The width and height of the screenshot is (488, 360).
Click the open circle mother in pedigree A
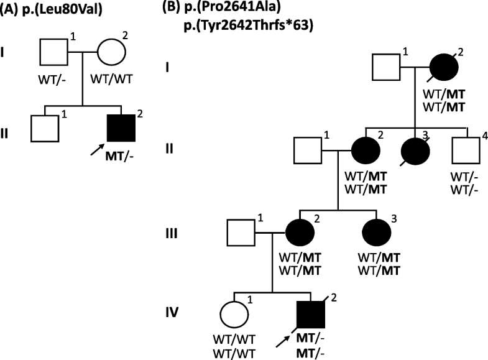click(x=114, y=51)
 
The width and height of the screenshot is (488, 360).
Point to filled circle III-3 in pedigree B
click(x=377, y=233)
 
